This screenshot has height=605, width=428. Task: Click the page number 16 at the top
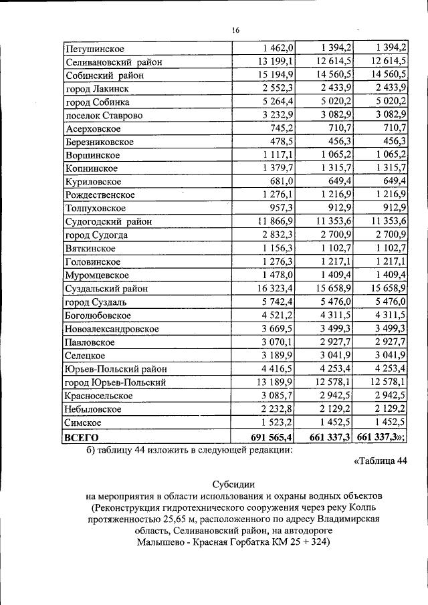point(235,30)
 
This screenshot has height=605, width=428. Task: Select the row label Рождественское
point(100,195)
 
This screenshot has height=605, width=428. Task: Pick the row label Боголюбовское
point(98,316)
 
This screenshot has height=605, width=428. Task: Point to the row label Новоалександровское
point(112,329)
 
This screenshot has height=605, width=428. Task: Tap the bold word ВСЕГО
point(81,437)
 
